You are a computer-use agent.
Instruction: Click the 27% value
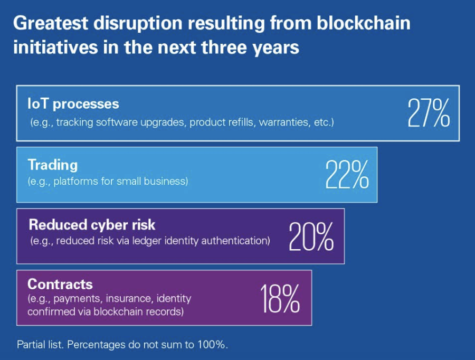point(428,113)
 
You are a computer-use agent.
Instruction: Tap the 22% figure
point(347,175)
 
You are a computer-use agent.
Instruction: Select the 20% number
point(311,236)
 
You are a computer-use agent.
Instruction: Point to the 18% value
point(279,298)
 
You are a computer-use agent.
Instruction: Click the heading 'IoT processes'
point(73,103)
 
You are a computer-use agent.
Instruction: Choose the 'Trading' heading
point(52,165)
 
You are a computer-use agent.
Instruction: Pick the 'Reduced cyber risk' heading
point(92,225)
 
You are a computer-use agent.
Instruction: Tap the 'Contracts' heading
point(60,285)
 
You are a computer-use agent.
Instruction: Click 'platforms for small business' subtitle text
point(108,182)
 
